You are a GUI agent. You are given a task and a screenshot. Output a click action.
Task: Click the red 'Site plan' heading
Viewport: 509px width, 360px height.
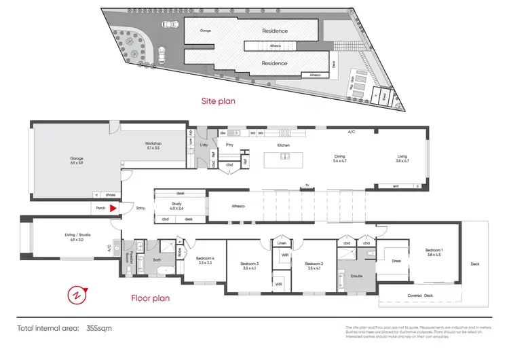coord(220,101)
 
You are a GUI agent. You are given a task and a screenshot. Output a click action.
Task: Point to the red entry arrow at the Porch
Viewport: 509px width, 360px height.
coord(115,209)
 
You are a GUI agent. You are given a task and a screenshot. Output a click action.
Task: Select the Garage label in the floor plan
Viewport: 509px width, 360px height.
coord(75,161)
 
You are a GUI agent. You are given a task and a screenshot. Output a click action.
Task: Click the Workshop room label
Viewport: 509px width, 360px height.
coord(152,145)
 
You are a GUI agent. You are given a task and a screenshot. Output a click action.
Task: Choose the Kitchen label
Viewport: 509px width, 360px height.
coord(284,145)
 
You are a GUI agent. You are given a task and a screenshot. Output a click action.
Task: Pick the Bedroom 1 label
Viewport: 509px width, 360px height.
coord(434,250)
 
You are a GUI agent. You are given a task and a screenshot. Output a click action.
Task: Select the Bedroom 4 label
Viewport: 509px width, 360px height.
coord(204,259)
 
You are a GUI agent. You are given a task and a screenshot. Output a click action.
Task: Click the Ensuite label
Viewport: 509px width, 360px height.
coord(356,276)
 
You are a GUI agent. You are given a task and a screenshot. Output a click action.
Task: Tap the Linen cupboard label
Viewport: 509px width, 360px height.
coord(282,242)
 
